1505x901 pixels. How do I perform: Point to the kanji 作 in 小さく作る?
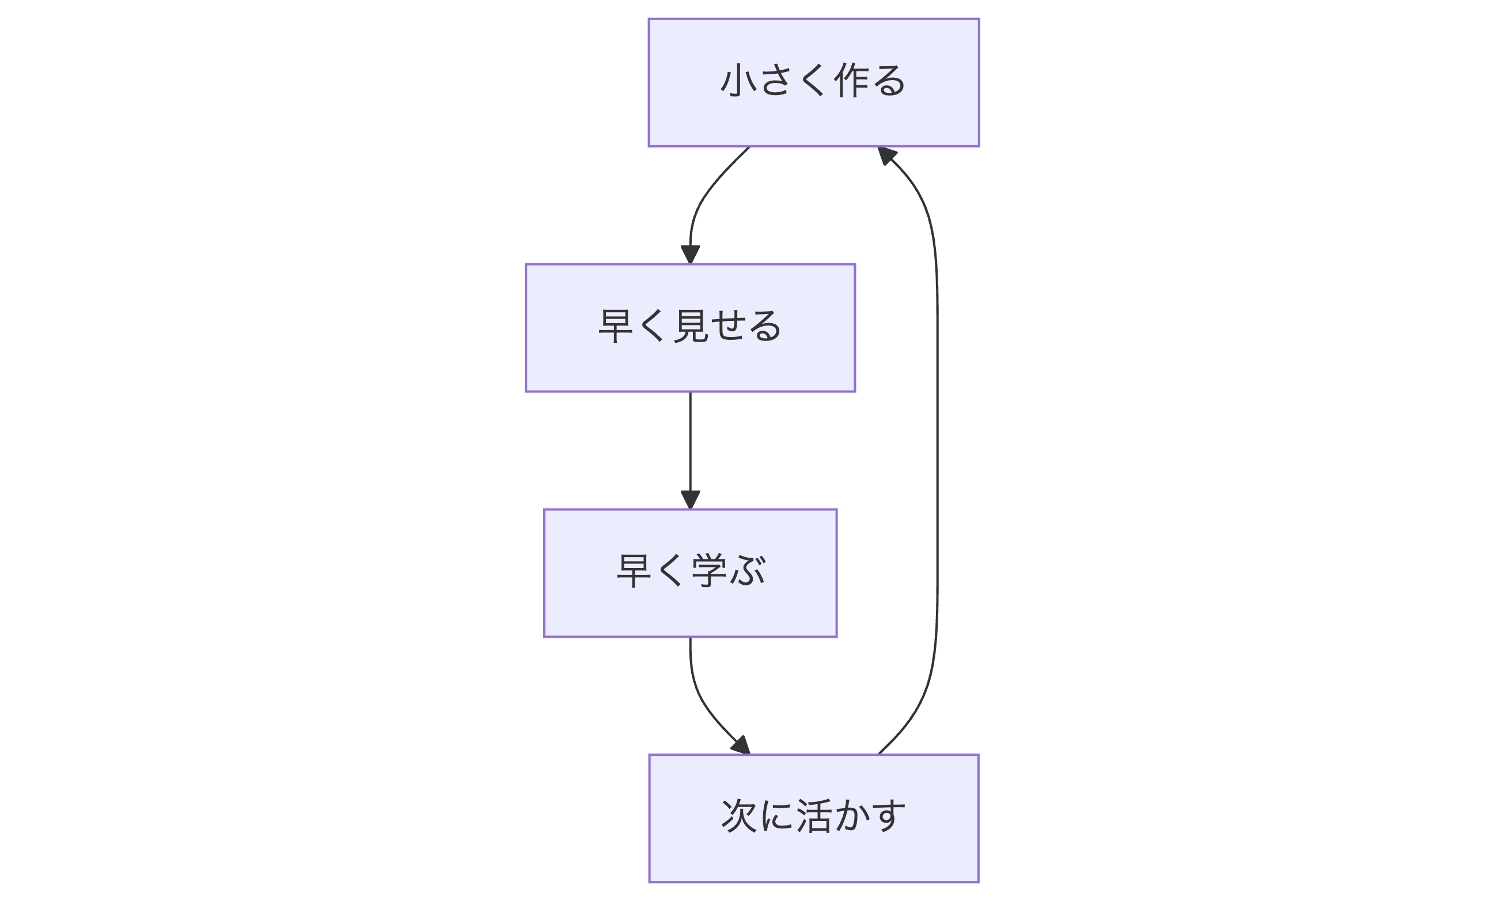pos(851,81)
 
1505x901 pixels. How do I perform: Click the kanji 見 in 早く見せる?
pos(691,326)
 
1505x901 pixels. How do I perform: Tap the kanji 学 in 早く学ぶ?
pos(709,571)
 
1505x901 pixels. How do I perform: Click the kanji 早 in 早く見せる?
pos(615,326)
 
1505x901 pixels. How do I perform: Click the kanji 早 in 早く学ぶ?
pos(634,571)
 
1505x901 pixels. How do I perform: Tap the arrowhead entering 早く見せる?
pos(690,255)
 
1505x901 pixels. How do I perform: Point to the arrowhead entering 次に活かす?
pos(742,746)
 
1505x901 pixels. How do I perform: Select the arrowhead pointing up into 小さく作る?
pos(886,155)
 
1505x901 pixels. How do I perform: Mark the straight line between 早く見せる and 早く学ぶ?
pos(690,443)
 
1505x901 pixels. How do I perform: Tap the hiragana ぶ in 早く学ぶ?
pos(748,571)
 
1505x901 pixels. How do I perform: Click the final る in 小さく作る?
pos(889,81)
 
